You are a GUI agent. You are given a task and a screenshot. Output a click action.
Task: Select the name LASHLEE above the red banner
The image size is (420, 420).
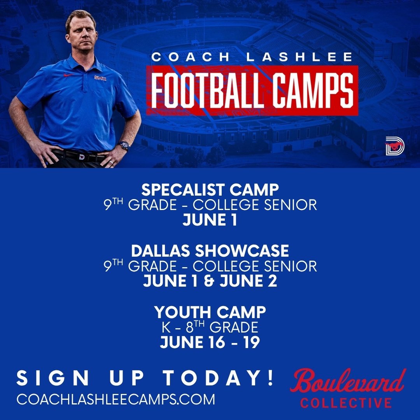click(301, 57)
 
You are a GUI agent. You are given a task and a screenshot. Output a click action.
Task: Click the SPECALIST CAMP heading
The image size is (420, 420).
click(210, 190)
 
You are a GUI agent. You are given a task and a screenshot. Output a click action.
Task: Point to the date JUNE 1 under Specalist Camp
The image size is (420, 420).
click(210, 220)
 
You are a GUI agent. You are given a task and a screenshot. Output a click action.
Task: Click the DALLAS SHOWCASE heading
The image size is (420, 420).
click(210, 251)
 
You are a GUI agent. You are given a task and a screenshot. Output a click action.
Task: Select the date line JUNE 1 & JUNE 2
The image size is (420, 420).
click(210, 281)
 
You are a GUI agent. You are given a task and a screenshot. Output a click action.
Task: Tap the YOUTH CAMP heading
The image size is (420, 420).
click(210, 312)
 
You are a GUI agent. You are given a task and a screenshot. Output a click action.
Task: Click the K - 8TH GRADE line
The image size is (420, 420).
click(210, 327)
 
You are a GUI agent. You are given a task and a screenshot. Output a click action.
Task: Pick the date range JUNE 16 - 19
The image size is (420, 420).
click(210, 342)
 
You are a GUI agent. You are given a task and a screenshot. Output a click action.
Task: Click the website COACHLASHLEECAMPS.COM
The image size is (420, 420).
click(115, 399)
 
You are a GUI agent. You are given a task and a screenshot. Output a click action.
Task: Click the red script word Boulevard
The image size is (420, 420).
click(348, 381)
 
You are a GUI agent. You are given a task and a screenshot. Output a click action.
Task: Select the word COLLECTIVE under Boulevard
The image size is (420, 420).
click(346, 402)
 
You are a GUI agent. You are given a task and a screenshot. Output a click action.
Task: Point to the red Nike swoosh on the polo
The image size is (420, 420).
click(69, 75)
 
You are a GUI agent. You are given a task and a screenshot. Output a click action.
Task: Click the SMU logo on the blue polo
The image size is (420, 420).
click(100, 78)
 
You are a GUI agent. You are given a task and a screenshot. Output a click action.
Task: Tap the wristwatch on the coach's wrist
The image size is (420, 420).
click(124, 145)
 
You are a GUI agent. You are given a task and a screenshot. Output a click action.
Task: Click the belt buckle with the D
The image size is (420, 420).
click(82, 157)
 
